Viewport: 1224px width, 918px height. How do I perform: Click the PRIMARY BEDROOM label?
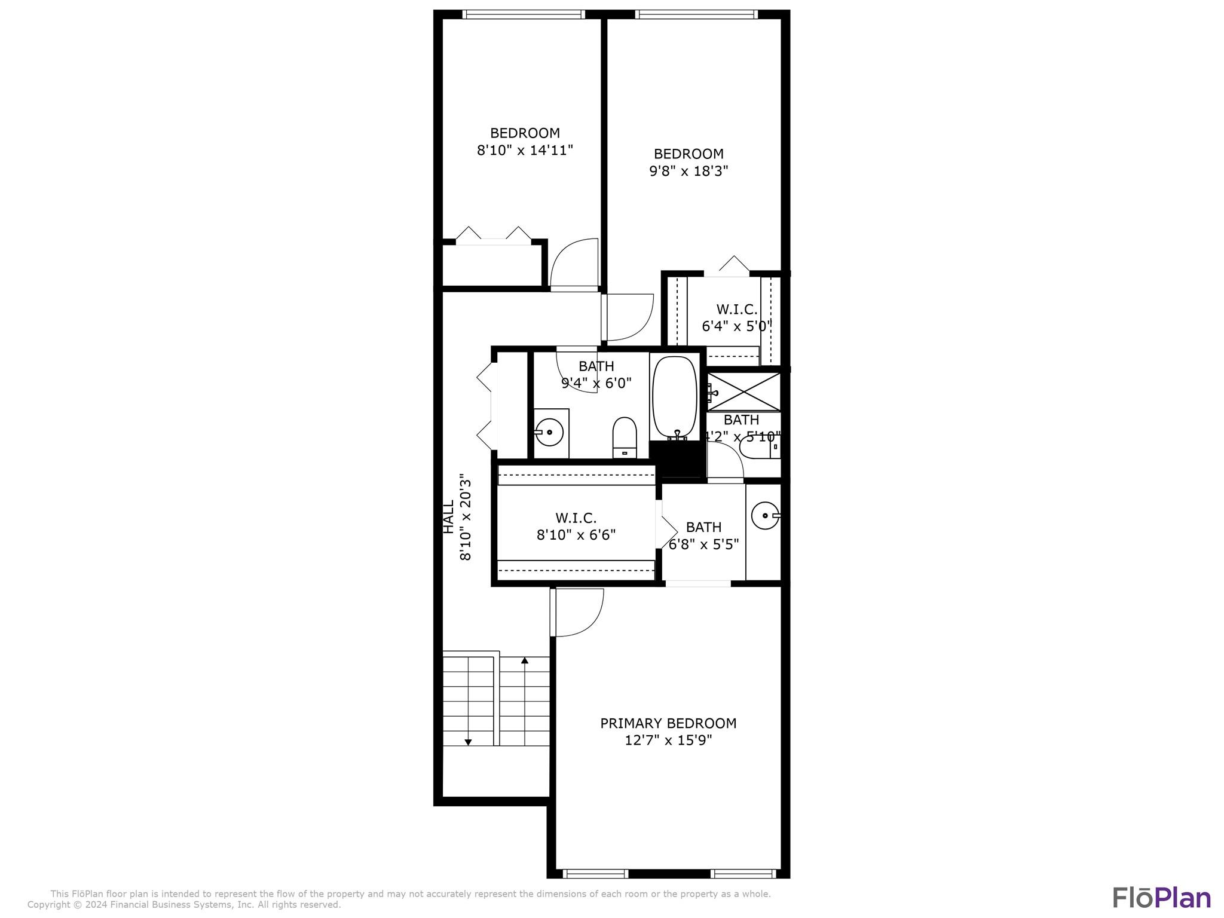coord(668,723)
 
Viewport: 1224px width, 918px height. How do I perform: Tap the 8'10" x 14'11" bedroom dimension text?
coord(525,150)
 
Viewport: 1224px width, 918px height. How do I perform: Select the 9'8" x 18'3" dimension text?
coord(688,171)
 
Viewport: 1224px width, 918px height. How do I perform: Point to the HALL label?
coord(448,517)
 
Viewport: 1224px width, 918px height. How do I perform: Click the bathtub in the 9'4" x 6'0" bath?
coord(675,398)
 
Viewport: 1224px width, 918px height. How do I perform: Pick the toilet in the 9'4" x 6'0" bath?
coord(625,437)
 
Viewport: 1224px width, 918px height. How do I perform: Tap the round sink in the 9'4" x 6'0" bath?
coord(549,432)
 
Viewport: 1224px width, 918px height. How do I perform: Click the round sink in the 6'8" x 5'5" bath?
coord(765,516)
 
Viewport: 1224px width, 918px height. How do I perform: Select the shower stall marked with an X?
coord(743,391)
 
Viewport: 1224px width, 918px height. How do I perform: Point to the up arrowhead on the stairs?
coord(525,660)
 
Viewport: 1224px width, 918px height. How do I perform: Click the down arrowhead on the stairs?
coord(468,742)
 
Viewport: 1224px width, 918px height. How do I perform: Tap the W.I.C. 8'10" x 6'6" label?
coord(576,527)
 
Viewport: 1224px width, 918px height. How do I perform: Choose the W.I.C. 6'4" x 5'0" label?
coord(737,318)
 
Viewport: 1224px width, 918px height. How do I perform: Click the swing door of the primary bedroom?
coord(577,613)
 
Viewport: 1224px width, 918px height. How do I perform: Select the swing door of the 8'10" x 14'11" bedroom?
coord(574,263)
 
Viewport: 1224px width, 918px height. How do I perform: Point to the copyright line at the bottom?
coord(184,905)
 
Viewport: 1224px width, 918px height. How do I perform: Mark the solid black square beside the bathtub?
coord(677,459)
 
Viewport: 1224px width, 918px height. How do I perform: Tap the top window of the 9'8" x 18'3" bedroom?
coord(696,14)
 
